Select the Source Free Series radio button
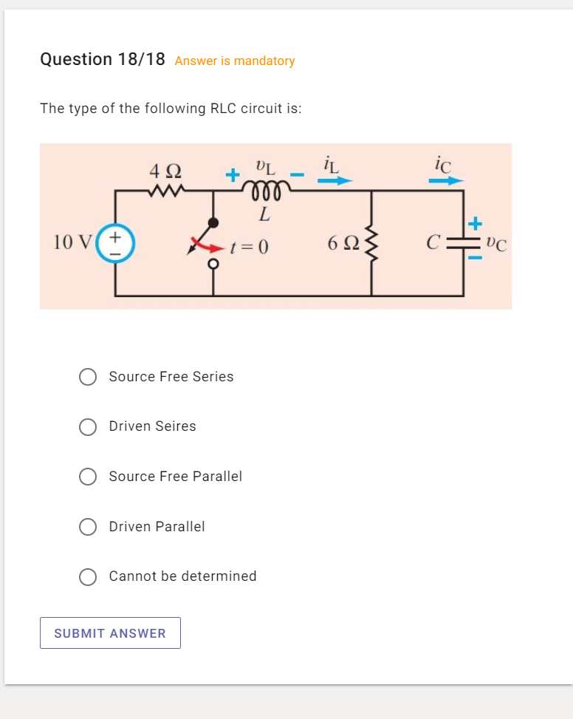click(x=88, y=377)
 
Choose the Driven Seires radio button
click(x=88, y=426)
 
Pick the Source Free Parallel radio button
click(x=88, y=477)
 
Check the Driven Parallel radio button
click(x=88, y=526)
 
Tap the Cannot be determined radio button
click(x=88, y=576)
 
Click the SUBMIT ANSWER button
click(x=110, y=633)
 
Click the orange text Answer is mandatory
click(x=235, y=61)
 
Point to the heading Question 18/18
click(x=103, y=59)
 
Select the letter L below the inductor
click(x=264, y=217)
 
